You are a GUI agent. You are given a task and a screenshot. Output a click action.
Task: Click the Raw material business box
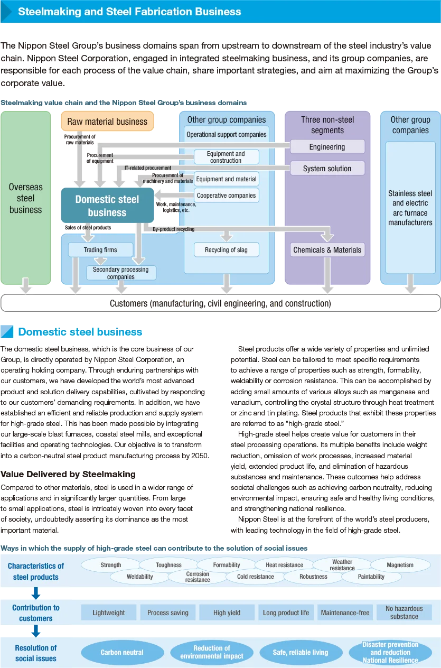pyautogui.click(x=107, y=122)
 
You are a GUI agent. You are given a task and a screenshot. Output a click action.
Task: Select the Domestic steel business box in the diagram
pyautogui.click(x=107, y=206)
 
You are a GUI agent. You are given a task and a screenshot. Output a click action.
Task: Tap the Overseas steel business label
pyautogui.click(x=25, y=198)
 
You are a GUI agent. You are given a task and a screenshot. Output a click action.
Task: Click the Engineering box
pyautogui.click(x=327, y=147)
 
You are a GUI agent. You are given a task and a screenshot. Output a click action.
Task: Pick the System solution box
pyautogui.click(x=327, y=169)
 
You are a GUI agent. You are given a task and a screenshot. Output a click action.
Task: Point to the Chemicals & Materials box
pyautogui.click(x=327, y=250)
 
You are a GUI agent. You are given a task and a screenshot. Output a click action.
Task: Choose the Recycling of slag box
pyautogui.click(x=226, y=250)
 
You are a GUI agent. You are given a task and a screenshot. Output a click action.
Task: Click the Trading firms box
pyautogui.click(x=100, y=250)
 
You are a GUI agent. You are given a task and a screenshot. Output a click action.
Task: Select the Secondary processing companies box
pyautogui.click(x=121, y=273)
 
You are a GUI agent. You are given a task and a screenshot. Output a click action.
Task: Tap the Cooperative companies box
pyautogui.click(x=226, y=196)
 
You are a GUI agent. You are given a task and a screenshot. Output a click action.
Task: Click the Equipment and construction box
pyautogui.click(x=226, y=157)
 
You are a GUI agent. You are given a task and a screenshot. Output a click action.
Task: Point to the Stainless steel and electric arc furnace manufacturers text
pyautogui.click(x=410, y=208)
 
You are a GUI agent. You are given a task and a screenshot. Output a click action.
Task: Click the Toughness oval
pyautogui.click(x=169, y=565)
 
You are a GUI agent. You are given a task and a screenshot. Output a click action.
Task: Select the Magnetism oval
pyautogui.click(x=400, y=565)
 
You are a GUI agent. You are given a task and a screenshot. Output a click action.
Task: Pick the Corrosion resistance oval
pyautogui.click(x=198, y=577)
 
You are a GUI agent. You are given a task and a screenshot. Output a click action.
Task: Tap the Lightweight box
pyautogui.click(x=109, y=613)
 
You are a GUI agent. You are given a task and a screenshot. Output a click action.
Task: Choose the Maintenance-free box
pyautogui.click(x=345, y=613)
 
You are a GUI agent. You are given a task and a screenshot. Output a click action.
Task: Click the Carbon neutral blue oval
pyautogui.click(x=122, y=652)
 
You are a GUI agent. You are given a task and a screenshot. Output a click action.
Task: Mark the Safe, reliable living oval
pyautogui.click(x=301, y=652)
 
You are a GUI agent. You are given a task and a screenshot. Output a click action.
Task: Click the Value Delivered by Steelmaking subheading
pyautogui.click(x=68, y=474)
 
